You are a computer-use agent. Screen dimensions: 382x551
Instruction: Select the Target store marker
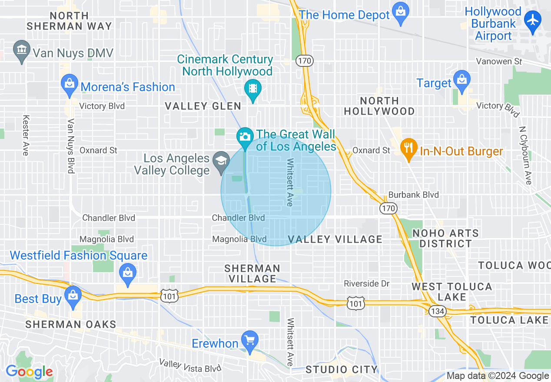[x=461, y=80]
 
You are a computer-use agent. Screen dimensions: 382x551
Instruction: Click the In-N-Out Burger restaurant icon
[x=408, y=148]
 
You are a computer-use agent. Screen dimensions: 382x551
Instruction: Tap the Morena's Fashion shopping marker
[x=70, y=83]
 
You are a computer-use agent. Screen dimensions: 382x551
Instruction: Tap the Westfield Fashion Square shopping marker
[x=128, y=273]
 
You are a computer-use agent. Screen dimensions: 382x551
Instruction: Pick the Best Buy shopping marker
[x=73, y=296]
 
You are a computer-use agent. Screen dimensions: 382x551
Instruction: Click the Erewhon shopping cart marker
[x=250, y=340]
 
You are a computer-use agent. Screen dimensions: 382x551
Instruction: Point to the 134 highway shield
[x=436, y=311]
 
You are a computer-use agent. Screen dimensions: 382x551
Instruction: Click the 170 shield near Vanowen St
[x=305, y=61]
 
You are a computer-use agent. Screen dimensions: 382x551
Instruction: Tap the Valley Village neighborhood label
[x=335, y=239]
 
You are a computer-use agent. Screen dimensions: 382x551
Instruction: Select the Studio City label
[x=342, y=370]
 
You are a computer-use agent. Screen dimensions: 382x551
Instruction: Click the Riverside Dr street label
[x=367, y=283]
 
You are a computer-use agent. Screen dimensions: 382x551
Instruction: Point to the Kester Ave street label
[x=26, y=135]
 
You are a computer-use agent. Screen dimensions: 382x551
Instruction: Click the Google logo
[x=29, y=372]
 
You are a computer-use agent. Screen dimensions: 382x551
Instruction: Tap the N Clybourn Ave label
[x=525, y=155]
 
